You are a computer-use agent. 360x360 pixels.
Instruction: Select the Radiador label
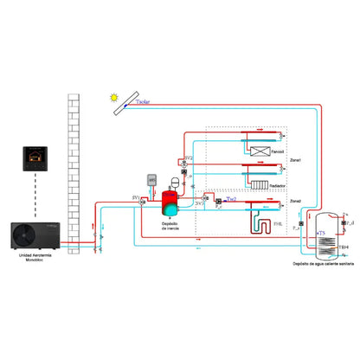(x=277, y=185)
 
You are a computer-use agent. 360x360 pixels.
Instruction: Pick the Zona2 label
(x=295, y=201)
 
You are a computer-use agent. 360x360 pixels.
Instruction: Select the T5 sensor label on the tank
(x=322, y=233)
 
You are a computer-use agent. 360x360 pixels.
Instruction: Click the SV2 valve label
(x=188, y=159)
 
